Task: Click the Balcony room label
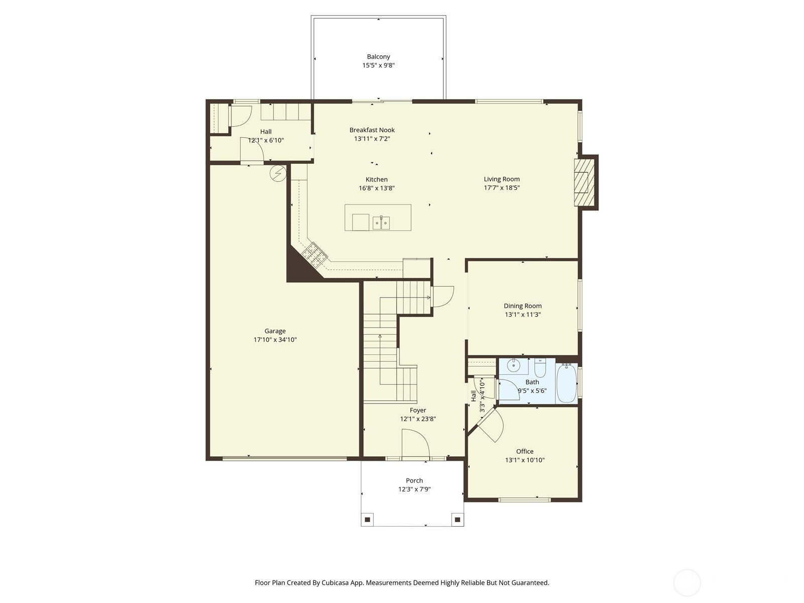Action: click(378, 57)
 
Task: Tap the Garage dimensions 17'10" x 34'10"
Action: click(275, 340)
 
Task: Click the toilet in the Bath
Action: click(540, 368)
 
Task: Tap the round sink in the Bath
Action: click(513, 366)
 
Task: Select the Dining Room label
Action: click(523, 306)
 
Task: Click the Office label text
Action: click(525, 451)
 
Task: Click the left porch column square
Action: click(368, 519)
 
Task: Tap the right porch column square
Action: click(457, 519)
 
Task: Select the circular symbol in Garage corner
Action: click(277, 173)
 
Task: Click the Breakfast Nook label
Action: click(372, 130)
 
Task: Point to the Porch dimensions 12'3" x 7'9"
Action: click(415, 489)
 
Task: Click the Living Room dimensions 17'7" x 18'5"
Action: click(501, 188)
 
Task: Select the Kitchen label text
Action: click(376, 179)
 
